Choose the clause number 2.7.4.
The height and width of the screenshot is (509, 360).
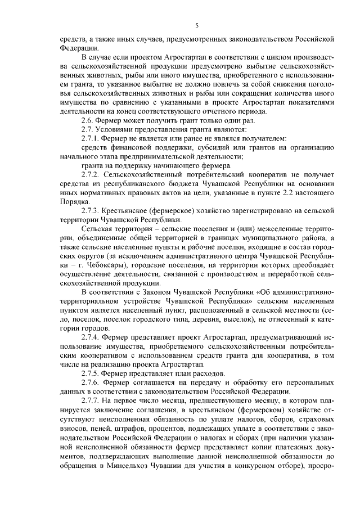91,337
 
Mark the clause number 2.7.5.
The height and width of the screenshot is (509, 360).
91,373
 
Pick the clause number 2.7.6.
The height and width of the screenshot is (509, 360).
91,382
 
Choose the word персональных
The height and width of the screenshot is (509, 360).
308,382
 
